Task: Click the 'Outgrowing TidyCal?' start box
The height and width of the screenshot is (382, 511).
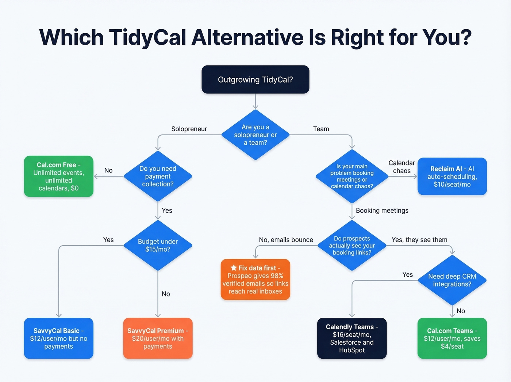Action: tap(255, 80)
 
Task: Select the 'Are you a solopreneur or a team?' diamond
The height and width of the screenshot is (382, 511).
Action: tap(255, 135)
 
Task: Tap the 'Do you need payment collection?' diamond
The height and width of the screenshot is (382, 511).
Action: tap(158, 176)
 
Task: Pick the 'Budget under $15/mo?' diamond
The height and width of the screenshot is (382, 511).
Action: tap(158, 245)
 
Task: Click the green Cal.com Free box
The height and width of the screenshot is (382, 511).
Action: tap(58, 176)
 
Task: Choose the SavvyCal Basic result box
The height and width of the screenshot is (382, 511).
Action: tap(58, 338)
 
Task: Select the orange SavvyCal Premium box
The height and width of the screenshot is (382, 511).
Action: tap(158, 338)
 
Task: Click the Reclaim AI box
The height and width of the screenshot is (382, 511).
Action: tap(452, 176)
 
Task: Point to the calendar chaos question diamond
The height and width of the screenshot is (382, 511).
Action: tap(352, 176)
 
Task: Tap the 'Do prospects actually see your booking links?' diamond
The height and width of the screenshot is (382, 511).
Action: tap(352, 245)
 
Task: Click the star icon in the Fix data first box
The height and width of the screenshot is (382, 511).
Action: tap(234, 268)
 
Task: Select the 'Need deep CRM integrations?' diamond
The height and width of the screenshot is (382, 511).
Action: tap(452, 280)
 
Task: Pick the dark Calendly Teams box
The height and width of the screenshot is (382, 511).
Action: tap(352, 338)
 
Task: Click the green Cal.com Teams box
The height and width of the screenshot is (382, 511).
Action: tap(452, 338)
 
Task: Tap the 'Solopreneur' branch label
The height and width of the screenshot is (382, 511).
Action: tap(189, 129)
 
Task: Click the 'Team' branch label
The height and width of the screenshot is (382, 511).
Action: tap(321, 129)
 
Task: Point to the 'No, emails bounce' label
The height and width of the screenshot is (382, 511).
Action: tap(286, 240)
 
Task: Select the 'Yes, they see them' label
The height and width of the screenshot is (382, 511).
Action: tap(419, 240)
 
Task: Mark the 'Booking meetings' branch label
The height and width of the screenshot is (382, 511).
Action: tap(382, 211)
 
